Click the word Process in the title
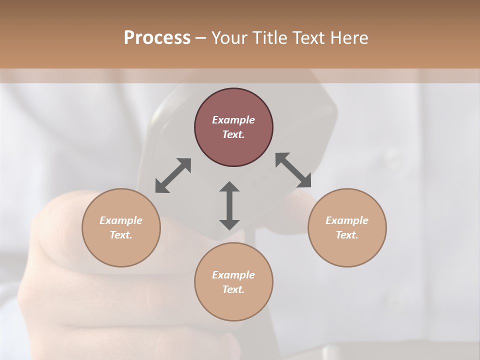click(157, 38)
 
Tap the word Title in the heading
click(271, 38)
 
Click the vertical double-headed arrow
click(229, 205)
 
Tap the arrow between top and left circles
click(173, 175)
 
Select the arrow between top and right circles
click(293, 170)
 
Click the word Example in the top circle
click(233, 120)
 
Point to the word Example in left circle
click(121, 220)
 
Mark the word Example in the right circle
click(347, 220)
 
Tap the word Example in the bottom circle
click(233, 275)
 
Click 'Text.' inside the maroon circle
click(233, 134)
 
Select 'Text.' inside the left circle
click(121, 235)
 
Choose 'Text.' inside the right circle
click(347, 235)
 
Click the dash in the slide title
click(201, 38)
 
